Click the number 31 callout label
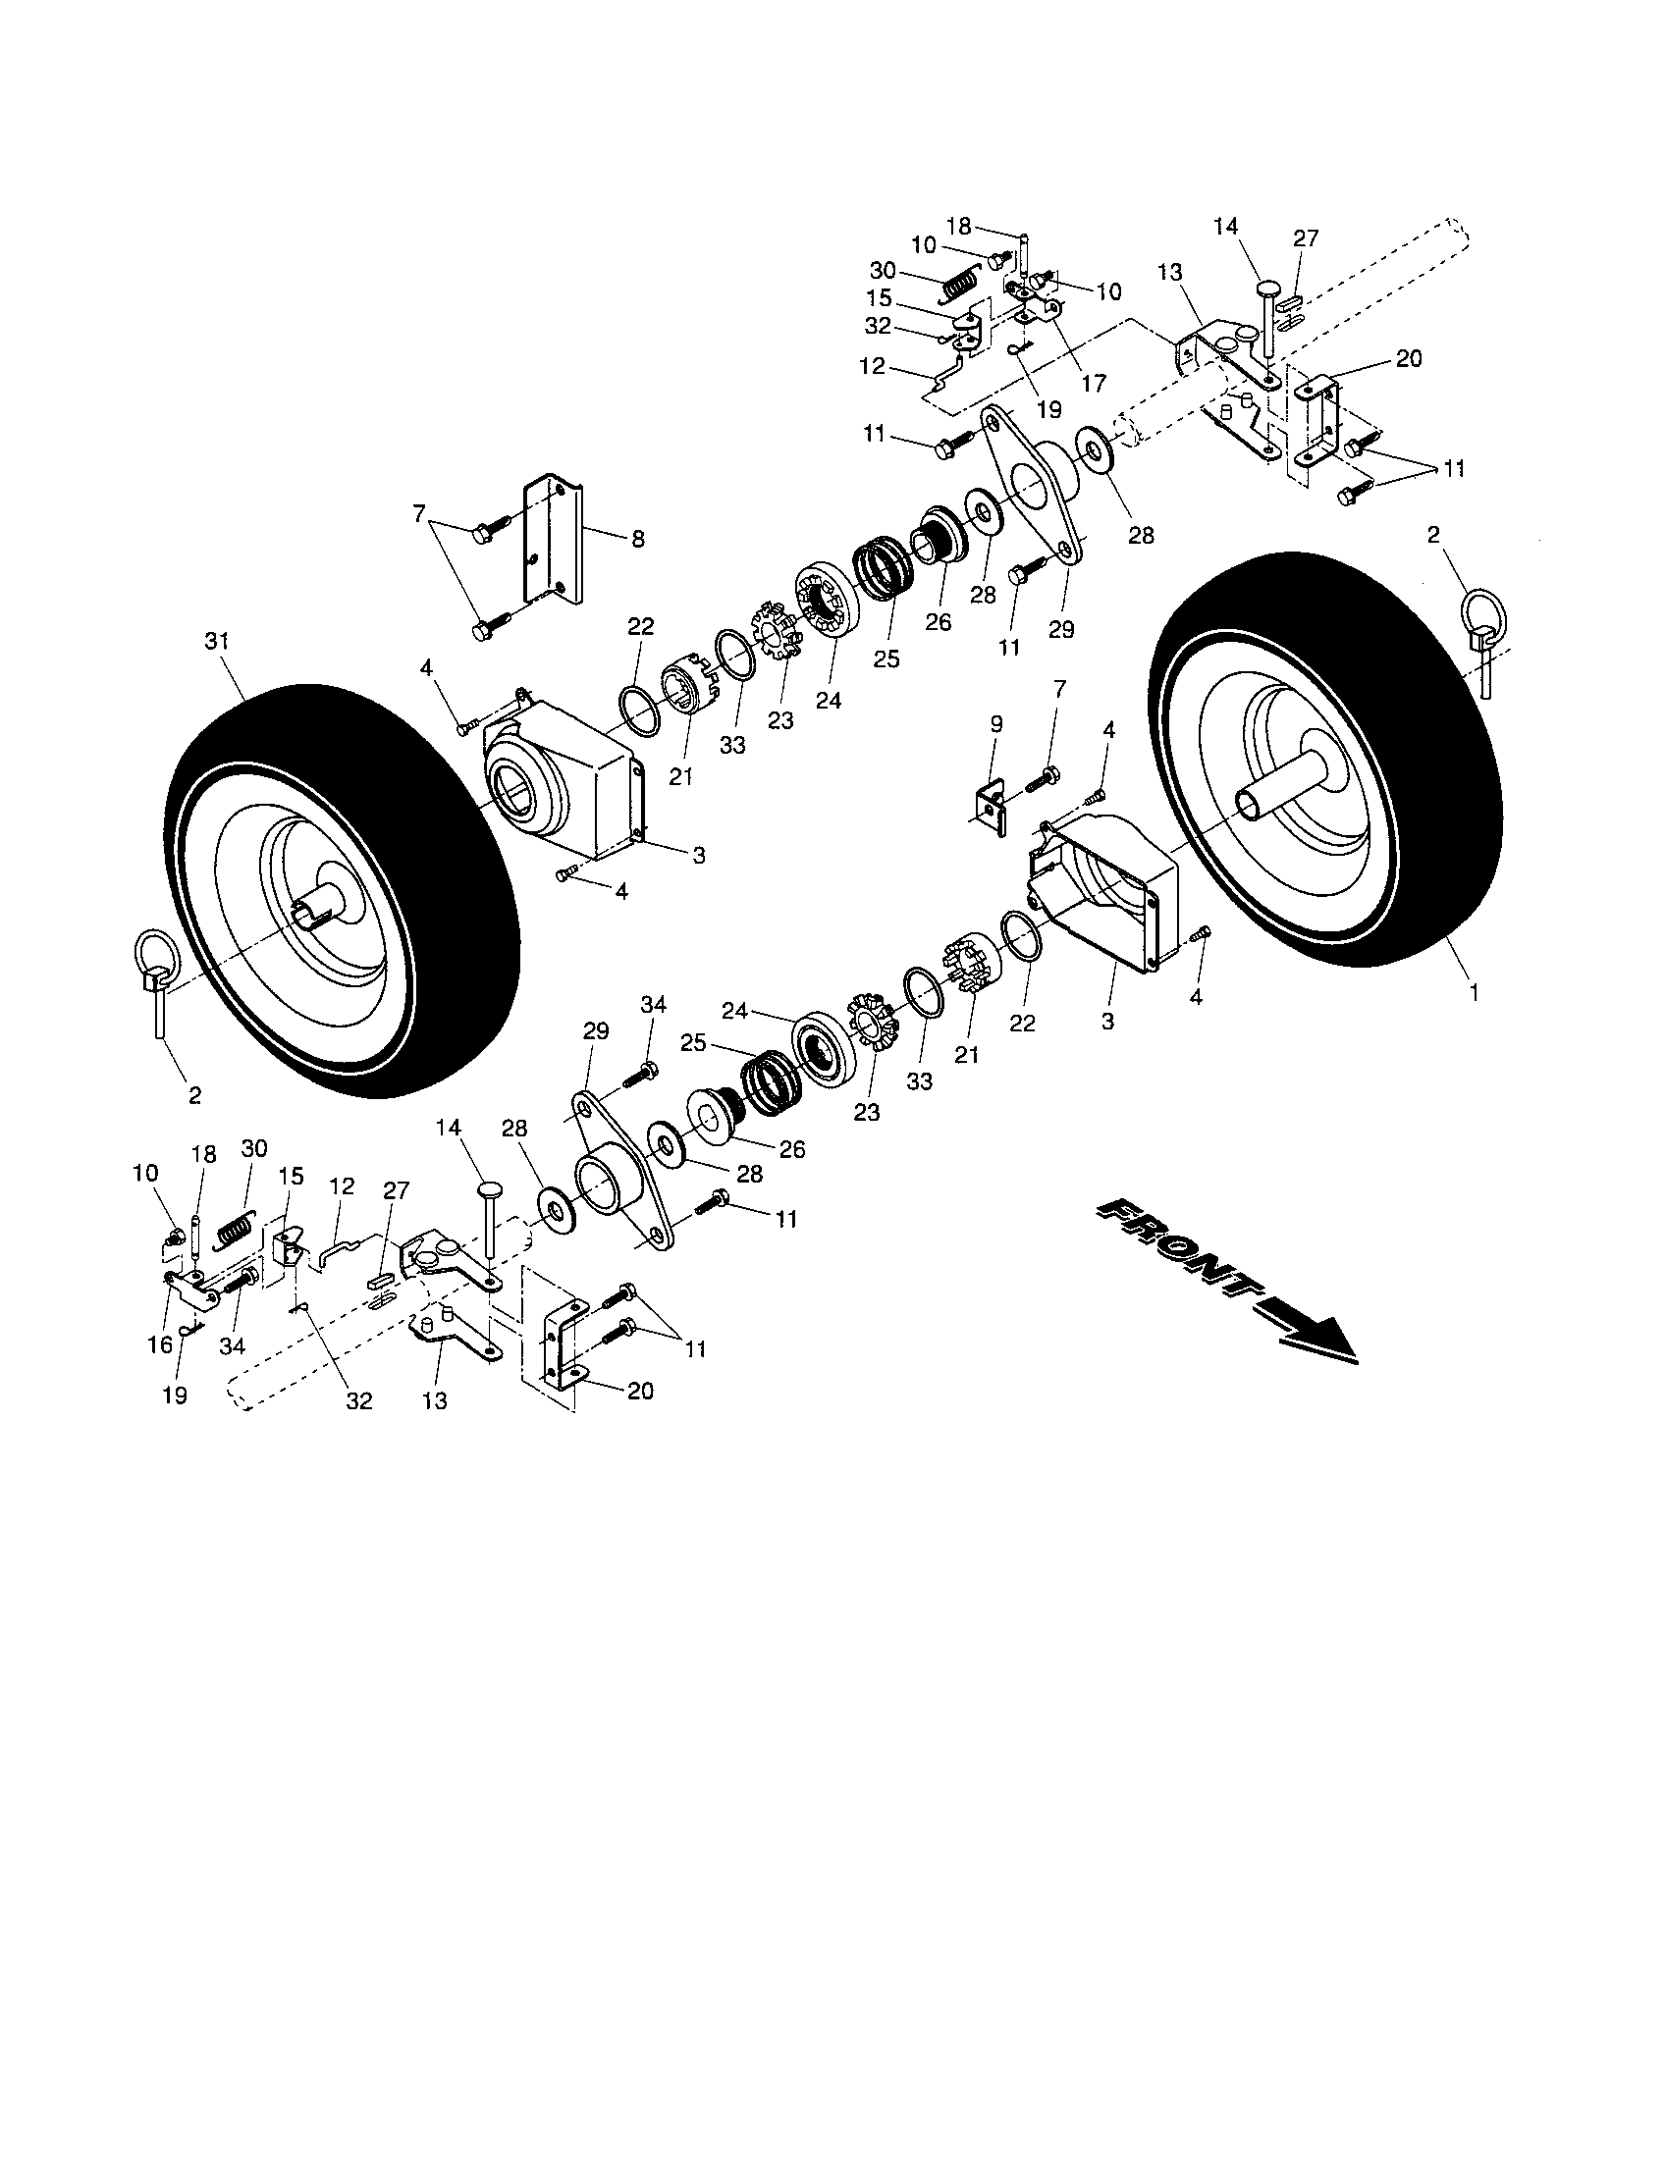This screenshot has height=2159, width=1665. pyautogui.click(x=217, y=642)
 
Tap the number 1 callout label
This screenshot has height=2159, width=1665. pyautogui.click(x=1474, y=994)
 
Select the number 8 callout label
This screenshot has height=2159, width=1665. pyautogui.click(x=638, y=539)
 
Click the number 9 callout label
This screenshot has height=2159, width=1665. pyautogui.click(x=995, y=724)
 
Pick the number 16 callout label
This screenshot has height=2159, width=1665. pyautogui.click(x=166, y=1346)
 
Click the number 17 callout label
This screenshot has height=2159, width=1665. pyautogui.click(x=1094, y=383)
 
